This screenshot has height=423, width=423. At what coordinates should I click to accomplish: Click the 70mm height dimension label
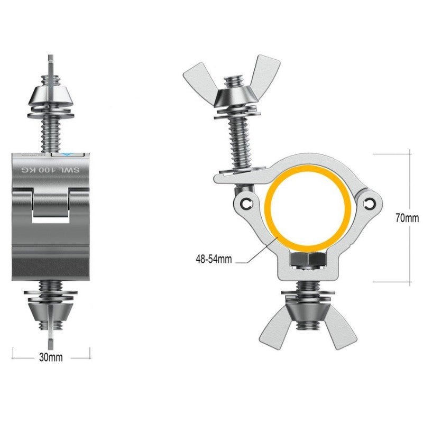tap(406, 218)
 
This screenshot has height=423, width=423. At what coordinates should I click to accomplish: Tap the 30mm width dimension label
tap(51, 357)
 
